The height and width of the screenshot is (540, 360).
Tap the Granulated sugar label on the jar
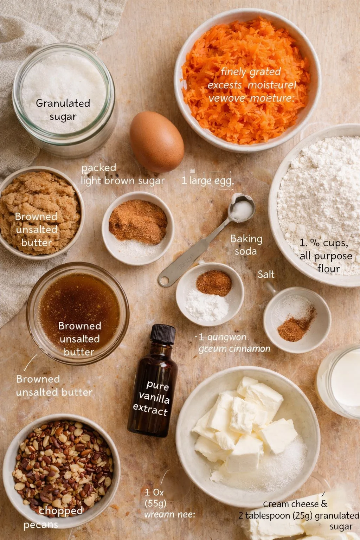coord(63,110)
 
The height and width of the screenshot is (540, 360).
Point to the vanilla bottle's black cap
coord(163,334)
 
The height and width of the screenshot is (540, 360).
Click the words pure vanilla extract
coord(152,398)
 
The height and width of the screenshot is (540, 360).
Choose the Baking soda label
coord(246,245)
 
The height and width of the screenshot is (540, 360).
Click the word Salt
coord(266,274)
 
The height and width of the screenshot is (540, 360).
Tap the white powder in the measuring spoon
coord(242,210)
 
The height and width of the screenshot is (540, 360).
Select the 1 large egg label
coord(207,181)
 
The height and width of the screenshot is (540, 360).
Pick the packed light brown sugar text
coord(122,174)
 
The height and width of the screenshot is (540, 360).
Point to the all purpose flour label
coord(326,256)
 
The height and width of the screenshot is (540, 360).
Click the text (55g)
coord(155,503)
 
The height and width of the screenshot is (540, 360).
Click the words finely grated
coord(251,72)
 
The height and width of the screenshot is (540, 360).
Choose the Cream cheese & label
coord(295,504)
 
